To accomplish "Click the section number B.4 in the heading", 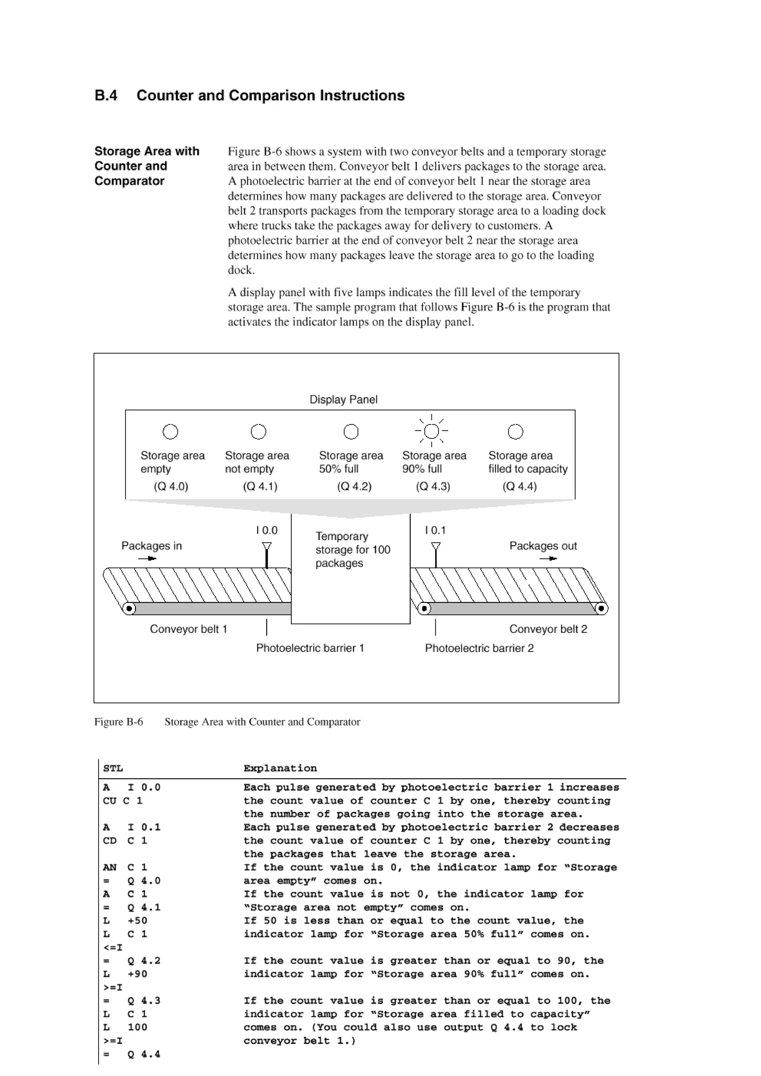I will [106, 95].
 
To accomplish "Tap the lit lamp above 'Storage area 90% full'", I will [431, 431].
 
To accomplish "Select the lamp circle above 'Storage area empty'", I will [170, 431].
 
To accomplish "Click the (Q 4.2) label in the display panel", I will [354, 486].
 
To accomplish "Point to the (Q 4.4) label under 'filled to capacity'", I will [519, 486].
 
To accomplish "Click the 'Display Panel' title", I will [343, 400].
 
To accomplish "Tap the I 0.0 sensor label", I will [267, 531].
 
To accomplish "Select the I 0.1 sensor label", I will [435, 531].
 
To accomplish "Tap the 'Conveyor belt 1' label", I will [188, 629].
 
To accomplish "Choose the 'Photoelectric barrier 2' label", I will [479, 649].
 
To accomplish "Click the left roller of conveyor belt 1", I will [129, 609].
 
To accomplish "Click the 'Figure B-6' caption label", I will [119, 722].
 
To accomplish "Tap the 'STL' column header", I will [113, 768].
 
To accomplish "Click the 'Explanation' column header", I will [280, 768].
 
